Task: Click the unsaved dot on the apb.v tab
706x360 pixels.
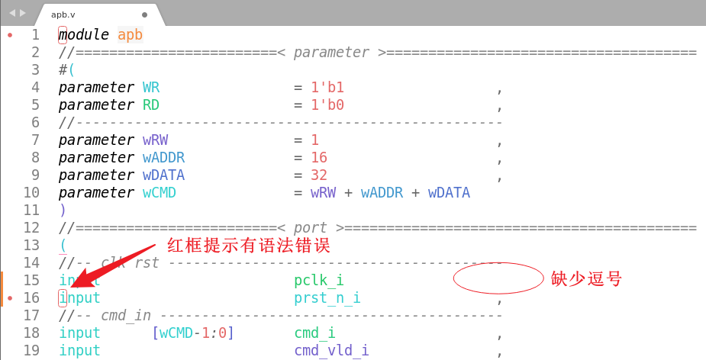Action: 144,14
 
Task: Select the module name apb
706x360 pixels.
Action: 130,34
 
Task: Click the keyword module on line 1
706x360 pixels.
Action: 84,34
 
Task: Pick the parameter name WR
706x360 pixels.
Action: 151,87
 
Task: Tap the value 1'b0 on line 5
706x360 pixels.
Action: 327,104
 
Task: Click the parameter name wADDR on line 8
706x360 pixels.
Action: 163,157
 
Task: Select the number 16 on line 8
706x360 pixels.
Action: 319,157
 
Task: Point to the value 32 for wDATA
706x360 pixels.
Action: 319,175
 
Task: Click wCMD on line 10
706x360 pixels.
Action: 160,192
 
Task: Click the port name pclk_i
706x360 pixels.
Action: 319,280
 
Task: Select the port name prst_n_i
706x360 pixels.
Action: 327,297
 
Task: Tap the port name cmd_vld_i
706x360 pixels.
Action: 331,350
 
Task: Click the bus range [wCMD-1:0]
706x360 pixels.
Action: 193,333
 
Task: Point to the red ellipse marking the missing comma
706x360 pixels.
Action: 498,278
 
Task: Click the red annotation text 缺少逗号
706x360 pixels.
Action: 587,278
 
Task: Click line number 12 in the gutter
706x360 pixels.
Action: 31,227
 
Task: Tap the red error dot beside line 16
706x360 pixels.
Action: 10,297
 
